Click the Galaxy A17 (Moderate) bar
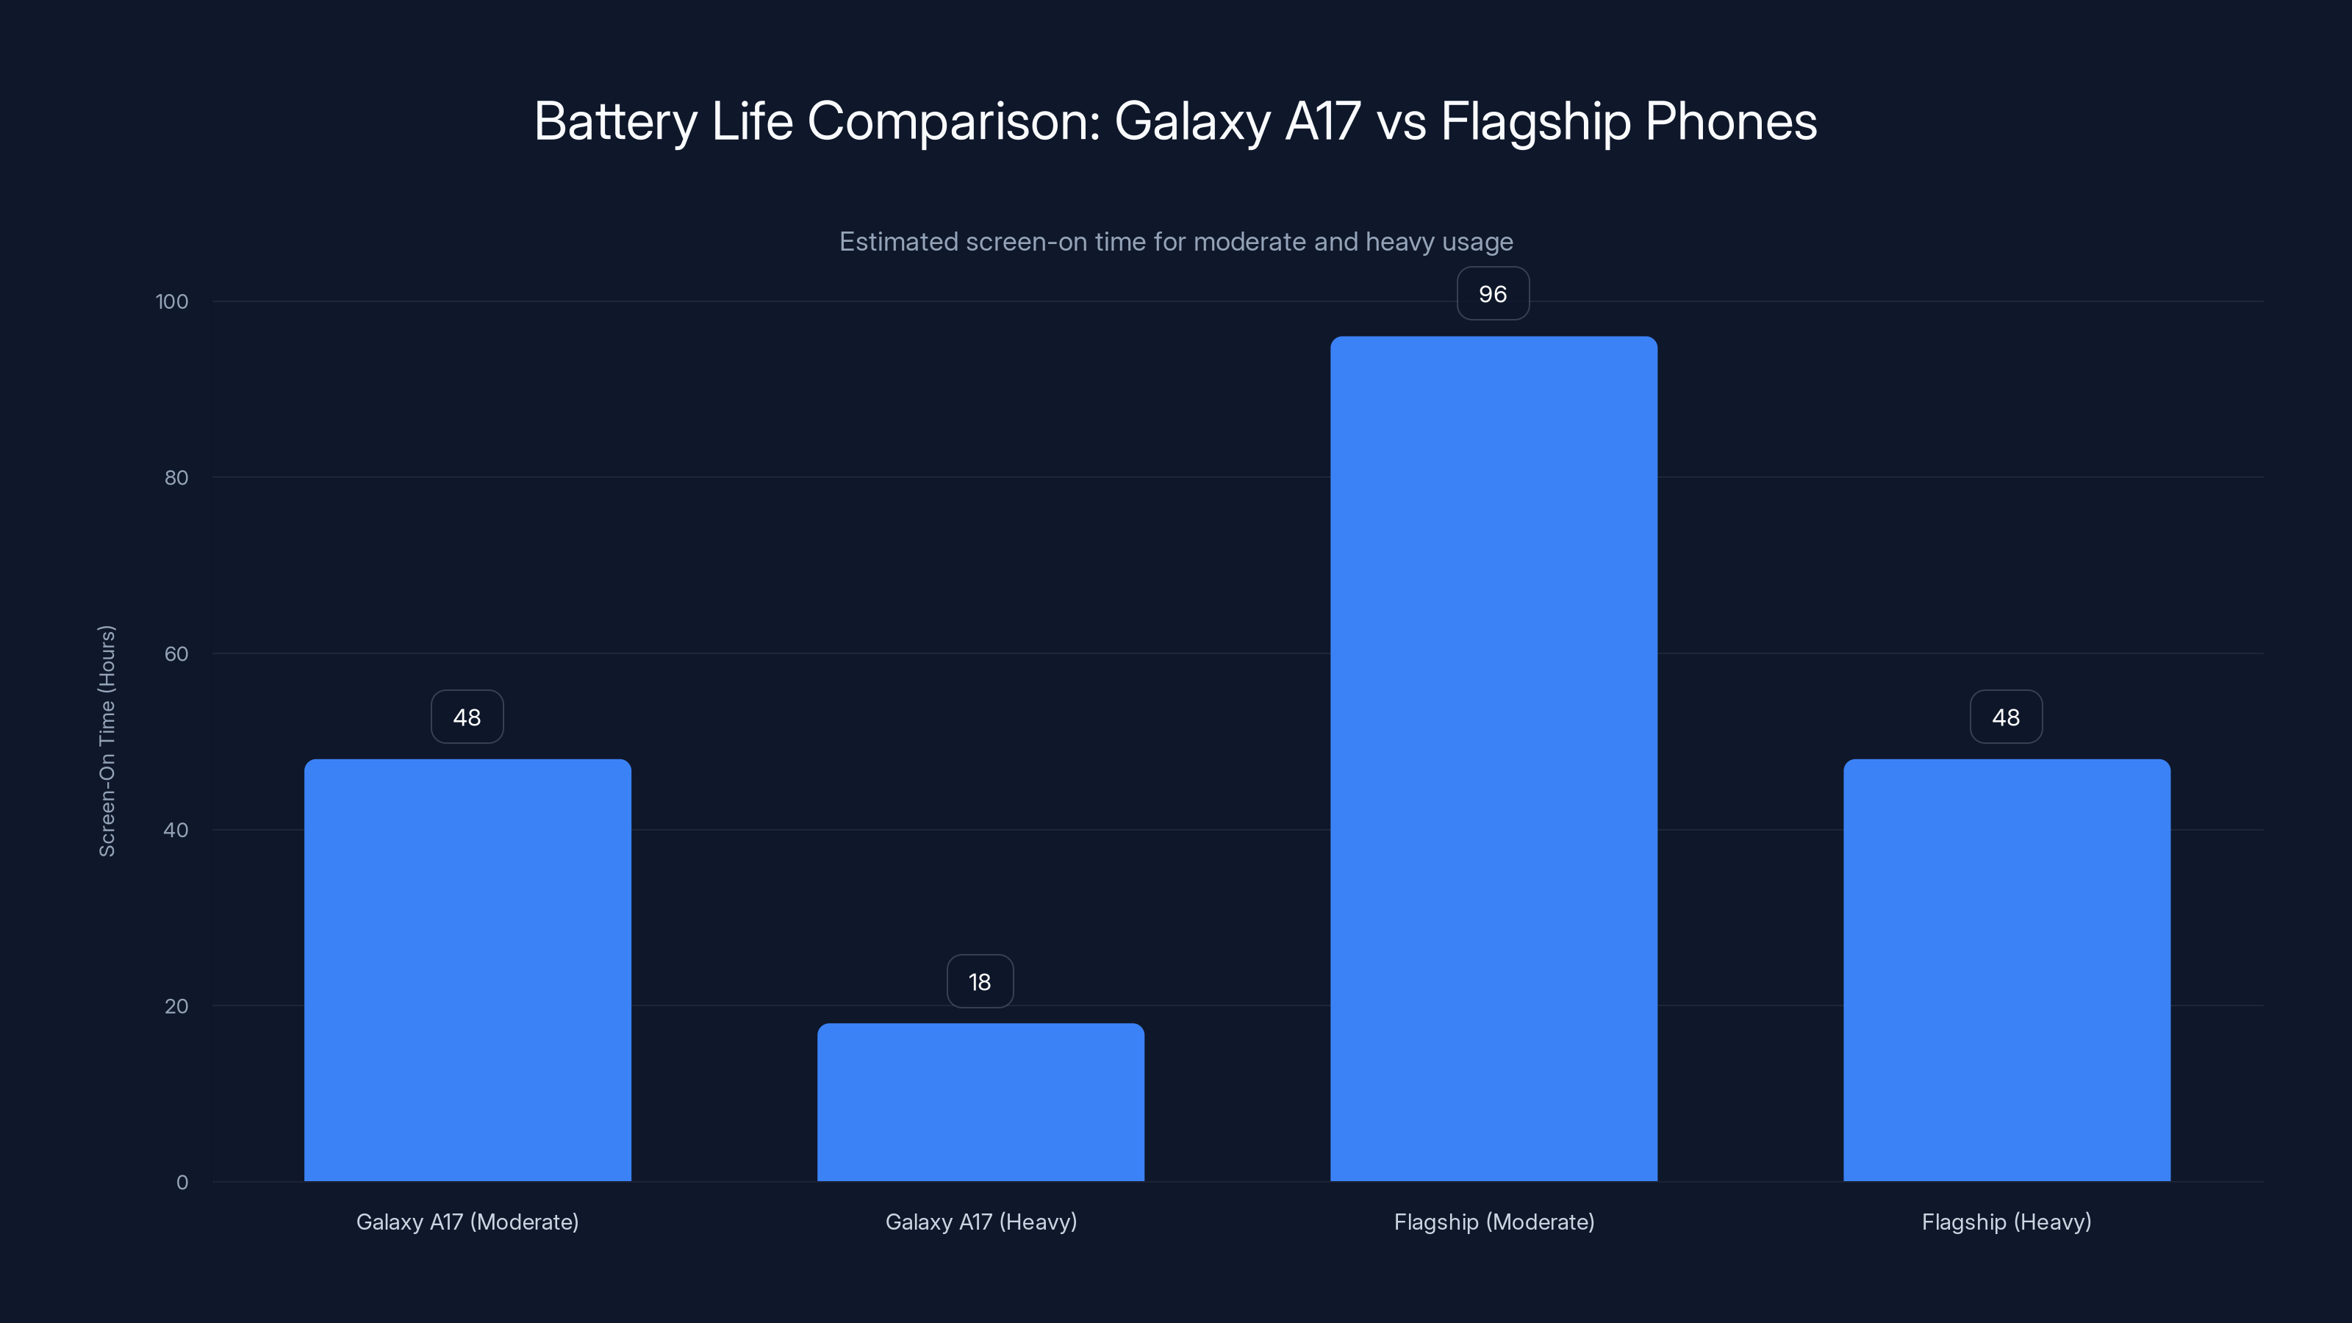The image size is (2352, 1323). click(467, 969)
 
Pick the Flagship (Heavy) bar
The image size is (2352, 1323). click(2006, 969)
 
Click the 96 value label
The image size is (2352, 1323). click(1493, 294)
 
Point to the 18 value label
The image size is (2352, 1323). click(980, 981)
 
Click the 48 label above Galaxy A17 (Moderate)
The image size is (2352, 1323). click(467, 717)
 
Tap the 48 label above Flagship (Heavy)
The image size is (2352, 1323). click(2006, 717)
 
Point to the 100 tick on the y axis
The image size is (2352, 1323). click(172, 301)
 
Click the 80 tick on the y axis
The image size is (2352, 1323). click(176, 478)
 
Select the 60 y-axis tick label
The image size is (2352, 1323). click(176, 653)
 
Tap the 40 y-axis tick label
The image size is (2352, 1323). click(176, 830)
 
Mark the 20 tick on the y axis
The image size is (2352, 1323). click(176, 1006)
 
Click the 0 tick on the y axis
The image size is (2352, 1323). click(182, 1183)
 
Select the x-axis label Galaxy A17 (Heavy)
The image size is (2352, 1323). click(980, 1222)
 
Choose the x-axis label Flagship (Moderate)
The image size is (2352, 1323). click(1494, 1222)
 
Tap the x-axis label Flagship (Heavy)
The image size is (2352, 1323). click(2006, 1222)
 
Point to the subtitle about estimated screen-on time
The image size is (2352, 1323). click(1176, 242)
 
